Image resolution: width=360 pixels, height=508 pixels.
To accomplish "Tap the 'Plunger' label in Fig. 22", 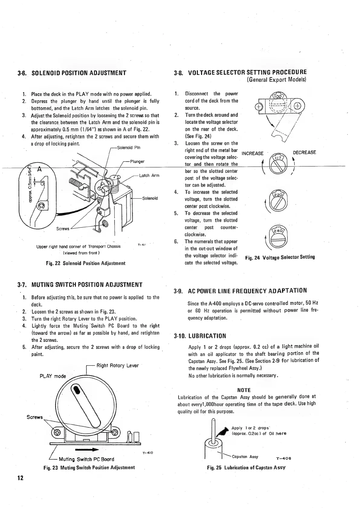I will pyautogui.click(x=137, y=161).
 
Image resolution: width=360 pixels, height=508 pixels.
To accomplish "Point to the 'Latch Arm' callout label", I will pyautogui.click(x=149, y=175).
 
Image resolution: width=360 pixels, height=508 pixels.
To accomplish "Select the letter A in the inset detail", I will pyautogui.click(x=39, y=169).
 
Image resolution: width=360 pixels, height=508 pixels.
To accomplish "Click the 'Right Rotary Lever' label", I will pyautogui.click(x=117, y=365).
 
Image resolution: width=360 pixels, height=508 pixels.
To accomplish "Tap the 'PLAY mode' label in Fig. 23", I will pyautogui.click(x=53, y=376).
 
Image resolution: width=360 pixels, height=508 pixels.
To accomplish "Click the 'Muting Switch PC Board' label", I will pyautogui.click(x=86, y=459).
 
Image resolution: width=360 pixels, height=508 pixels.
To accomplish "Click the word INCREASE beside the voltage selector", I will pyautogui.click(x=253, y=153).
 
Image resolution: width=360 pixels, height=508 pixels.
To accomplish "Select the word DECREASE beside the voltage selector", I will pyautogui.click(x=304, y=152).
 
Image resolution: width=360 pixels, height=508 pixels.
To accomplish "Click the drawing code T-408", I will pyautogui.click(x=284, y=458).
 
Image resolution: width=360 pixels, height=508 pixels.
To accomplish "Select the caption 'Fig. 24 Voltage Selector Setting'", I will pyautogui.click(x=280, y=257).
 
